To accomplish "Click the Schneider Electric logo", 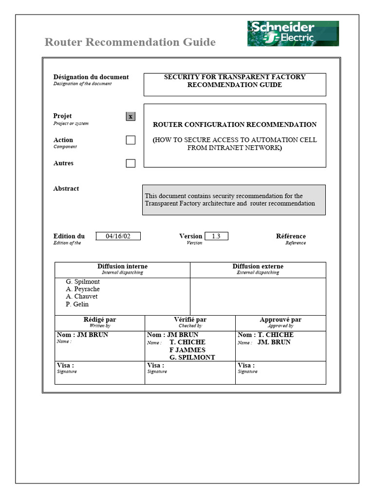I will coord(293,34).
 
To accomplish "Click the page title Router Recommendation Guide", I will coord(130,42).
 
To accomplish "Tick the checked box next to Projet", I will coord(131,116).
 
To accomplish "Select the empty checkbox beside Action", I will coord(131,140).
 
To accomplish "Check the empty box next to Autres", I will coord(131,163).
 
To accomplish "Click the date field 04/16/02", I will coord(118,236).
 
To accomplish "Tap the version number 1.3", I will coord(216,236).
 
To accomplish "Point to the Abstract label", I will coord(66,189).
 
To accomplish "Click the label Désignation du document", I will coord(91,77).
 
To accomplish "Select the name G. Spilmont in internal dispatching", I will coord(83,282).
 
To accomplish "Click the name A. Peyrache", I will coord(83,289).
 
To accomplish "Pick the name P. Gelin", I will coord(77,304).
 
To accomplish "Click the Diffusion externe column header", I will coord(258,267).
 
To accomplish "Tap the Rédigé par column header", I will coord(100,320).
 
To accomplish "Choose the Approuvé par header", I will coord(280,320).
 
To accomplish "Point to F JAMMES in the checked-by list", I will coord(187,350).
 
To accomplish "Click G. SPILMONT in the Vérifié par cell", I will coord(192,357).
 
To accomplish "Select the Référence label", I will coord(291,236).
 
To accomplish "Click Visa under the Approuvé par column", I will coord(246,366).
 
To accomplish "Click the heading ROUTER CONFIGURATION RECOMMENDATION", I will coord(235,124).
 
